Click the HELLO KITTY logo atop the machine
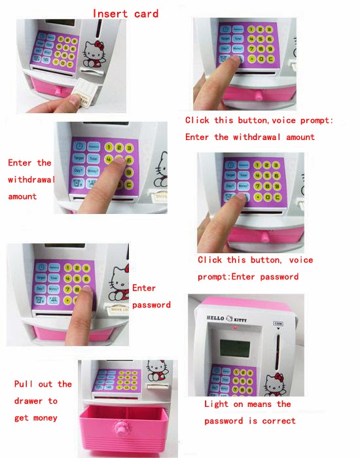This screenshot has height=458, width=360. point(225,319)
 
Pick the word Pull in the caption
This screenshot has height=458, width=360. point(24,384)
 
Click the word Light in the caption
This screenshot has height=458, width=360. point(217,404)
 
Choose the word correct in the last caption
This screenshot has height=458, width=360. point(277,421)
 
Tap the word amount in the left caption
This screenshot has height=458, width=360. point(23,196)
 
